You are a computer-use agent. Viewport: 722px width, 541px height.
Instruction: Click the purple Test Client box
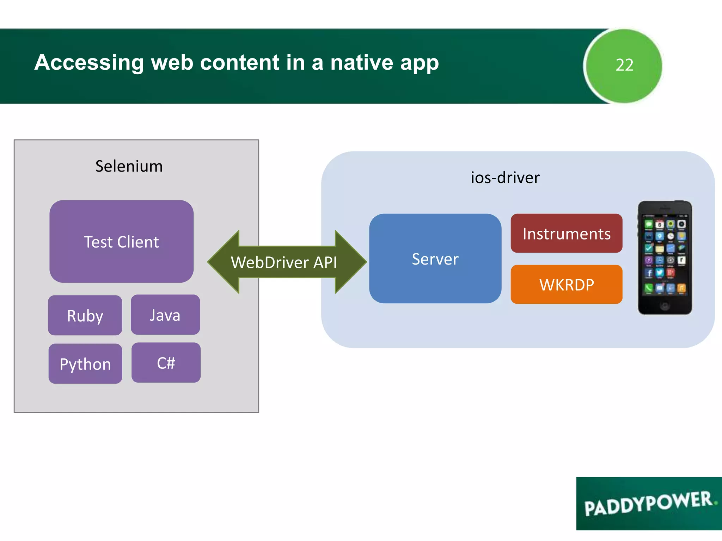[x=121, y=242]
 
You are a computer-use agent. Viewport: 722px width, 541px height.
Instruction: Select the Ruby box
[x=85, y=315]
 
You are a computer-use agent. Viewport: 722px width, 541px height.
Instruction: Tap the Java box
[x=165, y=315]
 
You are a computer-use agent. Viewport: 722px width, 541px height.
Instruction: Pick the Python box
[x=85, y=364]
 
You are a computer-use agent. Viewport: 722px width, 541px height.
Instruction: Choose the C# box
[x=166, y=363]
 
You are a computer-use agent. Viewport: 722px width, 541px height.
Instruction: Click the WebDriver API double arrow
[x=284, y=262]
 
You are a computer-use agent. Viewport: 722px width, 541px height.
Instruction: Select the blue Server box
[x=435, y=259]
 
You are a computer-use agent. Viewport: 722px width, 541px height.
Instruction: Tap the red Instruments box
[x=566, y=234]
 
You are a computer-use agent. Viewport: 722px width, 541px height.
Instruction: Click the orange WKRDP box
[x=566, y=285]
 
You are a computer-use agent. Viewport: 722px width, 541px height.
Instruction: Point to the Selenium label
[x=129, y=166]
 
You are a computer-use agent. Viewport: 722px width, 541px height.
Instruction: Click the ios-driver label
[x=505, y=178]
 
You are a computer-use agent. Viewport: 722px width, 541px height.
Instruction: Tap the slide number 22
[x=624, y=65]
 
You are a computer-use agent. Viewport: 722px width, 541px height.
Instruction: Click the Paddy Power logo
[x=649, y=504]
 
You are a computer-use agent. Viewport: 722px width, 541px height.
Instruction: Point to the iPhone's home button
[x=665, y=305]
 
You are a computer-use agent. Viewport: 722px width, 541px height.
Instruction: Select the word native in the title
[x=361, y=63]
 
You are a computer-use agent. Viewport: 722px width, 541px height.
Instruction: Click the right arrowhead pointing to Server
[x=351, y=262]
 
